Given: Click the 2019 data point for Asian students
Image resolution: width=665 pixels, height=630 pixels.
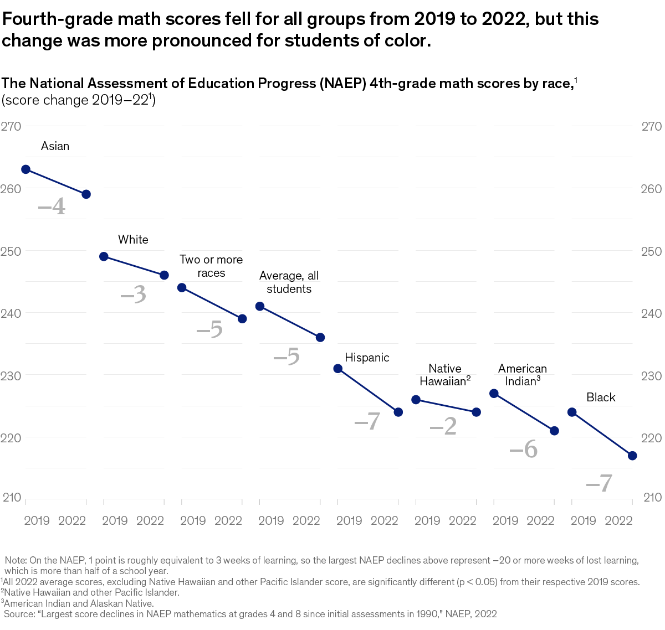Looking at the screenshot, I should tap(25, 169).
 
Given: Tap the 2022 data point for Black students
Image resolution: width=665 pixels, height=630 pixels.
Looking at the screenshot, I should tap(632, 456).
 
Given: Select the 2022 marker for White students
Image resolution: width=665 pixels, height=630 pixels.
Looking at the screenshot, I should tap(164, 275).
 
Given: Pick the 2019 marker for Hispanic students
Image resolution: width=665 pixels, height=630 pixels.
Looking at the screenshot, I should tap(338, 369).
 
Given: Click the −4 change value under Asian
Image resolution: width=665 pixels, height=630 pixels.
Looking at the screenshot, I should tap(52, 208).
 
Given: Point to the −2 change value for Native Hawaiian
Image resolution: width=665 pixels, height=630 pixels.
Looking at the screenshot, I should tap(443, 426).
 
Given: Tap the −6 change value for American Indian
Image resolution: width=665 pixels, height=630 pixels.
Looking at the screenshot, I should tap(524, 449).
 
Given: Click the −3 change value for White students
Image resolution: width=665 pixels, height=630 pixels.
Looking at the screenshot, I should tap(134, 295).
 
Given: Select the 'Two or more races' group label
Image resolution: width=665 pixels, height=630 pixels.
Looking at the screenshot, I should tap(211, 266).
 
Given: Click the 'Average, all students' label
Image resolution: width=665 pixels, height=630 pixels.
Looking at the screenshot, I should tap(289, 282).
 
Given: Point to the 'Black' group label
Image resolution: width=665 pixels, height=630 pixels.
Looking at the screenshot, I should tap(601, 397).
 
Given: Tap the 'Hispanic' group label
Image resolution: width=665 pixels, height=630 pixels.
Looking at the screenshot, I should tap(367, 358).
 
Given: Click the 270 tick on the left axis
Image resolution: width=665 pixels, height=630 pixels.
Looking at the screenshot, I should tap(11, 126).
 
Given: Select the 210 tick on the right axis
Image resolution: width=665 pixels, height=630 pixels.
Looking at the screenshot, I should tap(652, 497).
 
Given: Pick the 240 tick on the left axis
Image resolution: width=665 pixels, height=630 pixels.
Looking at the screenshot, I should tap(11, 313).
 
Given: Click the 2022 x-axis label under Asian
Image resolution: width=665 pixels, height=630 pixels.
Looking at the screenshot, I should tap(72, 520).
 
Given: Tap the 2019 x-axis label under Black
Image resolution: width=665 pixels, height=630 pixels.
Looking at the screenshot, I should tap(583, 520).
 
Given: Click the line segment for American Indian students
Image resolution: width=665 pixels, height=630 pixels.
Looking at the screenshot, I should tap(524, 412).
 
